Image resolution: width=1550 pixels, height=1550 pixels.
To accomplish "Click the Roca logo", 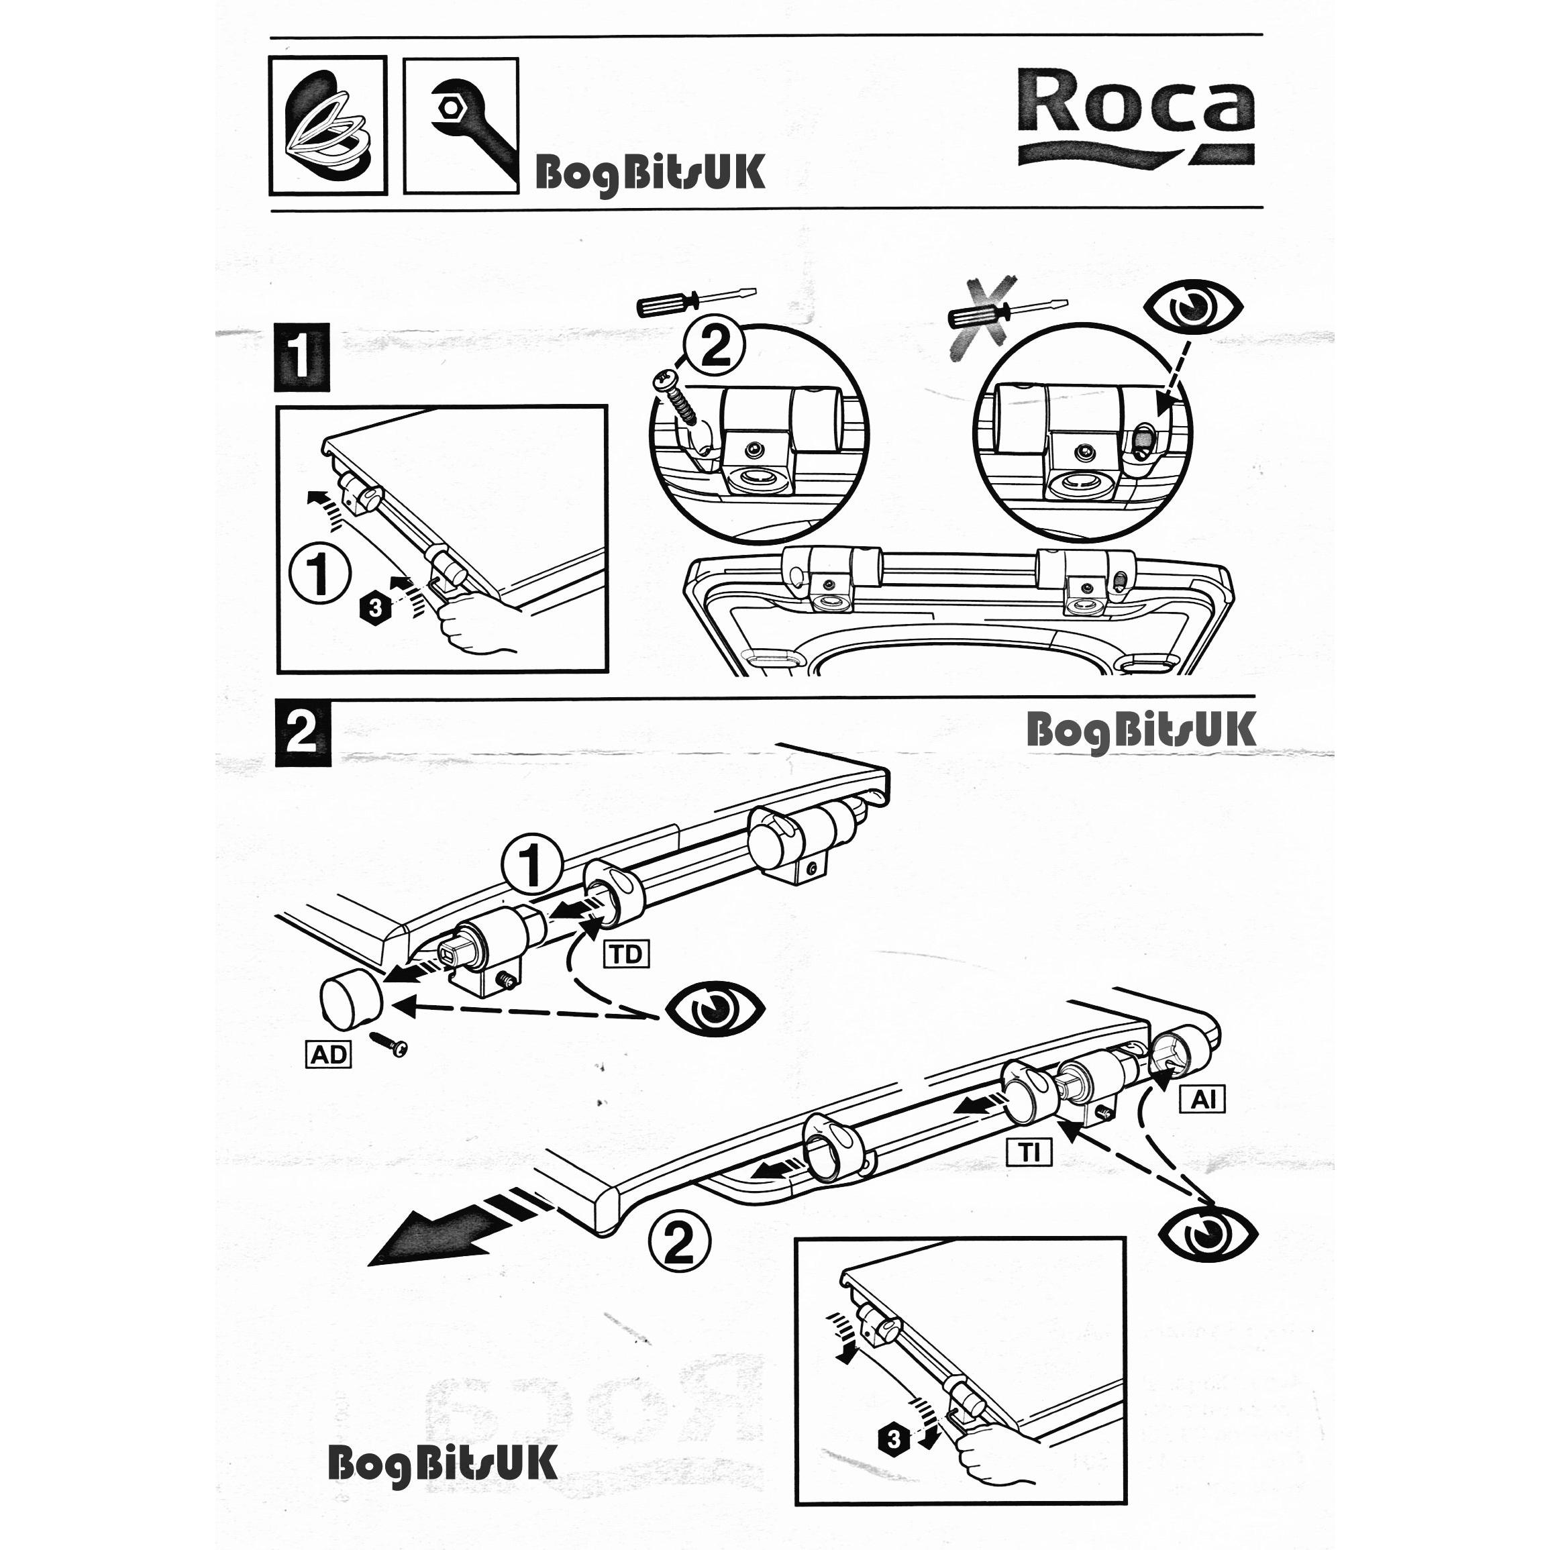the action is click(1136, 117).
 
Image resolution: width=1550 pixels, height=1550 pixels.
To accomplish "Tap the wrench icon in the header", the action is click(460, 126).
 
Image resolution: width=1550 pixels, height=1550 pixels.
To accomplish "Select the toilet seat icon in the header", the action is click(328, 125).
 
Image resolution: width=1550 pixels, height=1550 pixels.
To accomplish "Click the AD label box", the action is click(329, 1053).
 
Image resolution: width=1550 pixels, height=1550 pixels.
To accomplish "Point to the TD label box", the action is click(627, 954).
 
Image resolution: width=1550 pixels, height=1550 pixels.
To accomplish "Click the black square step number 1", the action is click(302, 357).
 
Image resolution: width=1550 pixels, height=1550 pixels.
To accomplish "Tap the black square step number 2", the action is click(303, 733).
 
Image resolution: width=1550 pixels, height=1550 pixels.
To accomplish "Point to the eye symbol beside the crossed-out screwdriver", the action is click(1194, 307).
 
